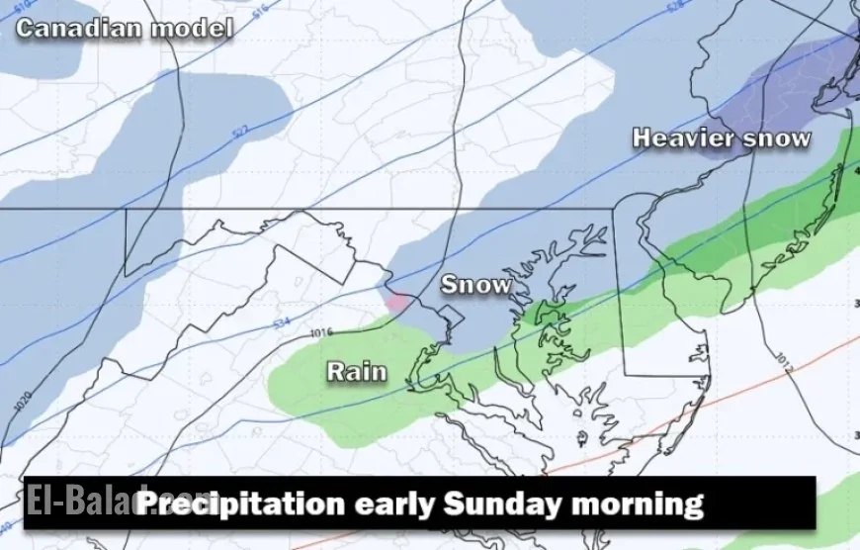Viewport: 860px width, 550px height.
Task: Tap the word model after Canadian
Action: click(192, 28)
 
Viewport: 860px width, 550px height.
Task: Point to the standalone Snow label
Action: click(476, 285)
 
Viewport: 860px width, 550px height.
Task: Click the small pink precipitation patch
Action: click(397, 302)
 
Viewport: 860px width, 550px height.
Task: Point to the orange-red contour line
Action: click(692, 406)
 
